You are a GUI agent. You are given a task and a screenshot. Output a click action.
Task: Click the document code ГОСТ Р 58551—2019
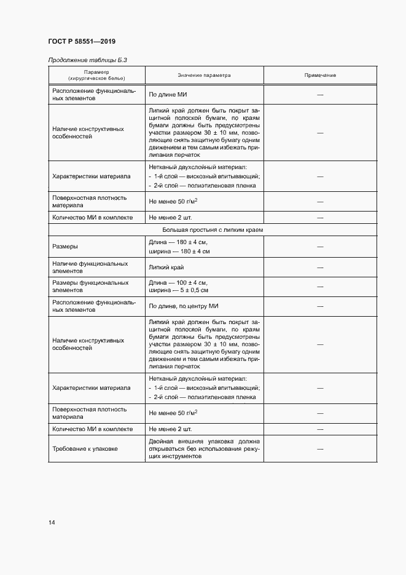pos(82,41)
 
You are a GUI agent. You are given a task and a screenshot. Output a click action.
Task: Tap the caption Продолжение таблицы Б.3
pos(87,60)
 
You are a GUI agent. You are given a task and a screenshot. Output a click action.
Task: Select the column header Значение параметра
pos(204,75)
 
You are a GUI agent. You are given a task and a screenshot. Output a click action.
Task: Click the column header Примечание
pos(320,75)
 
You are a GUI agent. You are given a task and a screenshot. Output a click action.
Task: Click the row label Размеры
pos(65,247)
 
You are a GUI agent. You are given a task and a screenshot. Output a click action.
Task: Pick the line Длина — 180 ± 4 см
pos(179,242)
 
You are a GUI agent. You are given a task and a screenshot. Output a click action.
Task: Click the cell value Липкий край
pos(166,267)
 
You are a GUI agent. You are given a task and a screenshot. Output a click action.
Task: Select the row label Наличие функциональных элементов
pos(90,267)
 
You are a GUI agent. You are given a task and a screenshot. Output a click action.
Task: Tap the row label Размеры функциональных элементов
pos(90,287)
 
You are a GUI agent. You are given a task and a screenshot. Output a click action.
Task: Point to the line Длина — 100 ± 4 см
pos(179,282)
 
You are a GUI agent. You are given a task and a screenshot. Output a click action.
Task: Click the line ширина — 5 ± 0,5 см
pos(179,290)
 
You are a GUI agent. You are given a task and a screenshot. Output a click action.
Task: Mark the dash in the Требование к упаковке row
pos(320,450)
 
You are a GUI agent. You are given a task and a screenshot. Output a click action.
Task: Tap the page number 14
pos(52,523)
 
